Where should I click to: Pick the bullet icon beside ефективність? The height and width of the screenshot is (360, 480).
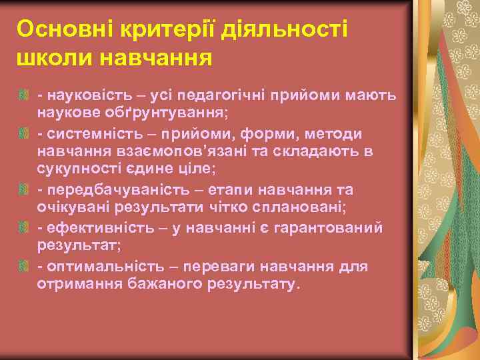click(x=25, y=229)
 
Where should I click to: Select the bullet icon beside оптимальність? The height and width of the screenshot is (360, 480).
click(x=25, y=267)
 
